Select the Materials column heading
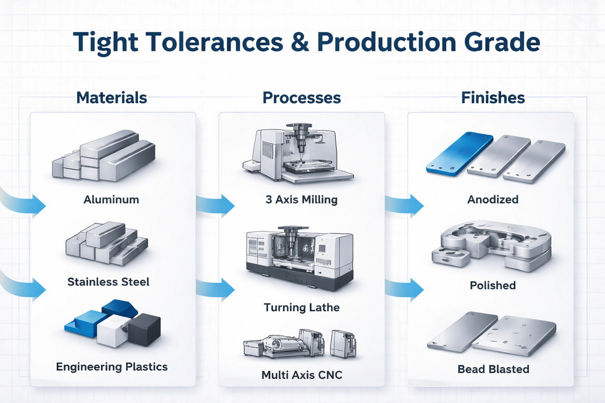[x=111, y=98]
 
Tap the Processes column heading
[x=301, y=98]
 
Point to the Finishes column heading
[x=493, y=98]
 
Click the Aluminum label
[x=111, y=199]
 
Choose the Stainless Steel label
[x=108, y=282]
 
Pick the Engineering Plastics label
[x=111, y=366]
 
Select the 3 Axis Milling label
[x=301, y=199]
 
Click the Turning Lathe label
[x=301, y=307]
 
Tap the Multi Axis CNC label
[x=301, y=375]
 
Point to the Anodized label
[x=493, y=199]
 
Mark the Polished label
[x=493, y=286]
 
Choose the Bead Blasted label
[x=493, y=369]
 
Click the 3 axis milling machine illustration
[x=295, y=154]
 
